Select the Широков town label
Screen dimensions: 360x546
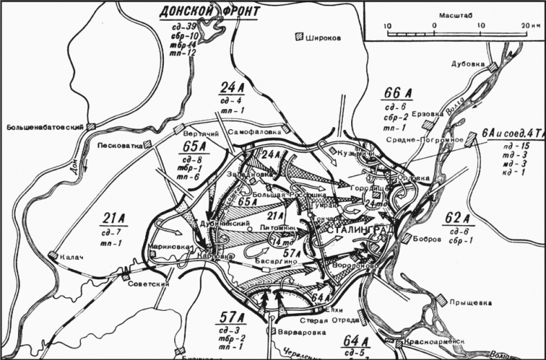click(x=324, y=38)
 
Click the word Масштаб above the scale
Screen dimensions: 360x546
click(x=452, y=15)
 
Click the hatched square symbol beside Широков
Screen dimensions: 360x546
click(x=299, y=38)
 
